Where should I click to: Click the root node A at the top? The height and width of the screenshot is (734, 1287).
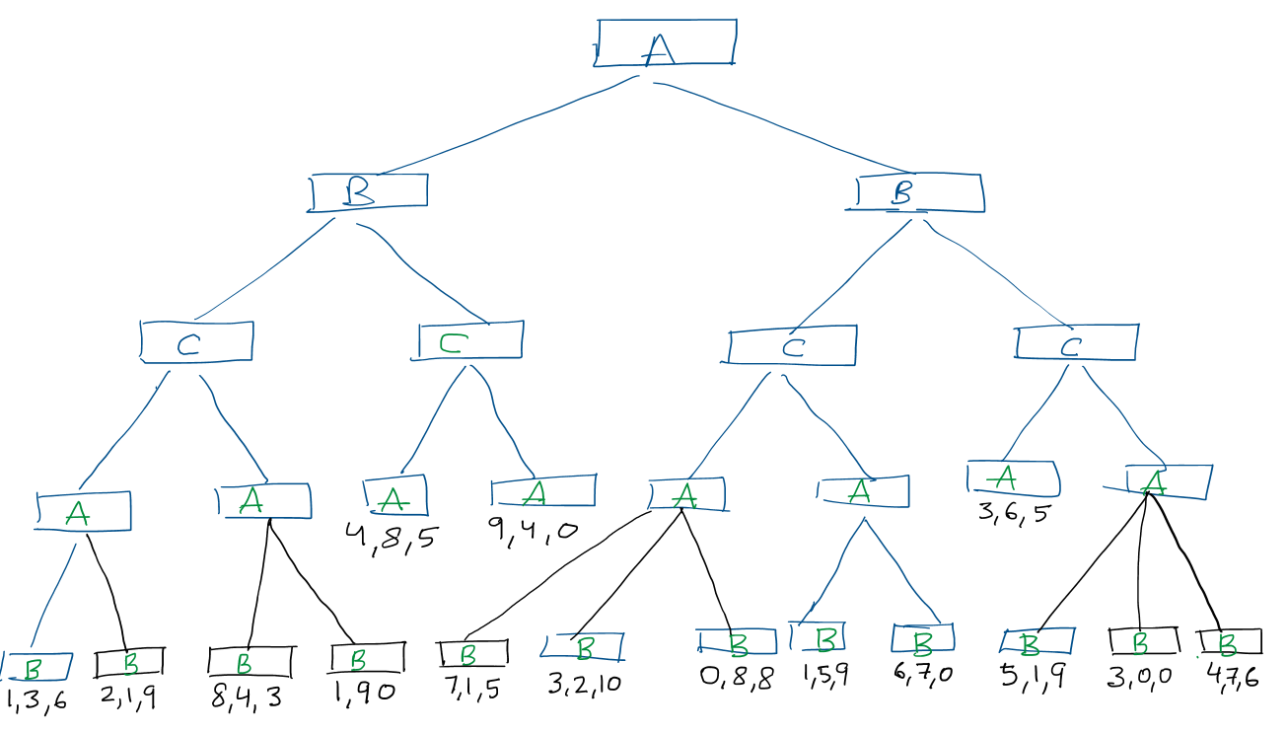coord(665,43)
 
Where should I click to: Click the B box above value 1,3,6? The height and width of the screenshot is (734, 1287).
coord(36,668)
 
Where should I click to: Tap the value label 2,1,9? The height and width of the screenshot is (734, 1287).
coord(128,698)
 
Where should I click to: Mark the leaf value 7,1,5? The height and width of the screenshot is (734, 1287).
coord(472,688)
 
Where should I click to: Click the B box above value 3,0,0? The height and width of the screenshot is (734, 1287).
coord(1143,641)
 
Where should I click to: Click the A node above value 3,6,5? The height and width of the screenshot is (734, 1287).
coord(1013,478)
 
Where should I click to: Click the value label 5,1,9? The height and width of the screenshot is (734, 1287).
coord(1033,679)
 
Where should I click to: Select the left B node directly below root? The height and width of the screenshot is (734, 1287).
coord(367,191)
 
